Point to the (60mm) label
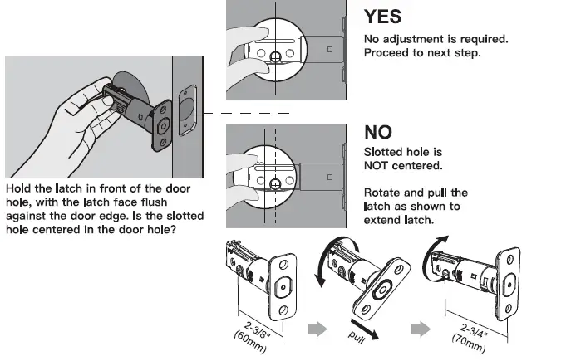(x=249, y=340)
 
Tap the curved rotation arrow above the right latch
(x=438, y=246)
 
